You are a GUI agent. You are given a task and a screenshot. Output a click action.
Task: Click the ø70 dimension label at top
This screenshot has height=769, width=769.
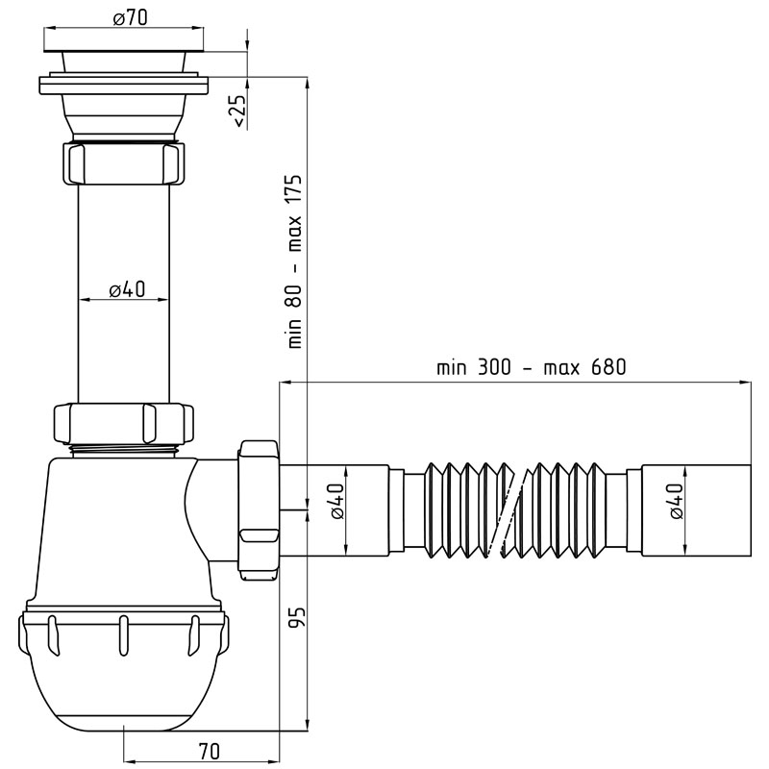pyautogui.click(x=130, y=18)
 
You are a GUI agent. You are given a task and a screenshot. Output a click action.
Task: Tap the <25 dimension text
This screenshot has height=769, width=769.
pyautogui.click(x=238, y=112)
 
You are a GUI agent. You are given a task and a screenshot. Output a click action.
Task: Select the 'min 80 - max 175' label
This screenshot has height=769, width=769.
pyautogui.click(x=295, y=261)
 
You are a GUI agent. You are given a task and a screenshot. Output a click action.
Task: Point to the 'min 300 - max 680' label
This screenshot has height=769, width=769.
pyautogui.click(x=532, y=367)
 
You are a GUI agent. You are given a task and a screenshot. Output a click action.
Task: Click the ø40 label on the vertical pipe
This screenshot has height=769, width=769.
pyautogui.click(x=127, y=289)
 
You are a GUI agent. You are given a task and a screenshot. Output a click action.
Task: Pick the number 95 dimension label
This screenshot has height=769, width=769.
pyautogui.click(x=297, y=616)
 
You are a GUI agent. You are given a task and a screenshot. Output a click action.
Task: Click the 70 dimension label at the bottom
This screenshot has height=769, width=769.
pyautogui.click(x=210, y=752)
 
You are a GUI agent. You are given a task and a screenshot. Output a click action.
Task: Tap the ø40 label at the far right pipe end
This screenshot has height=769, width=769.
pyautogui.click(x=676, y=501)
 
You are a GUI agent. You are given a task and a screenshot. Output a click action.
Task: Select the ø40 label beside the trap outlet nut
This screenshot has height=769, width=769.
pyautogui.click(x=337, y=501)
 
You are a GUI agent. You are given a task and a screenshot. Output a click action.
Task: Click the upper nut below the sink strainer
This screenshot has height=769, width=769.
pyautogui.click(x=124, y=162)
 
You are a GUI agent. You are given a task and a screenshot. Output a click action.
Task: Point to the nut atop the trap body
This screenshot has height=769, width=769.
pyautogui.click(x=123, y=423)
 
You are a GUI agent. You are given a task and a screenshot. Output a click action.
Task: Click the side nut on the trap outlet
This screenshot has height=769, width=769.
pyautogui.click(x=259, y=510)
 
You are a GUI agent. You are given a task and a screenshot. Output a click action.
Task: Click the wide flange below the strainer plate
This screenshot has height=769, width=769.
pyautogui.click(x=124, y=85)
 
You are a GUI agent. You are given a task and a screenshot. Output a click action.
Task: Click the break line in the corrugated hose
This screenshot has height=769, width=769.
pyautogui.click(x=514, y=511)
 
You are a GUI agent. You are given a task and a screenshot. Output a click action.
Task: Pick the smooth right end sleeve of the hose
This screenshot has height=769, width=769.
pyautogui.click(x=696, y=510)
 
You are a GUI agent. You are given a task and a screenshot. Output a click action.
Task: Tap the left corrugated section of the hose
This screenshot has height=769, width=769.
pyautogui.click(x=467, y=510)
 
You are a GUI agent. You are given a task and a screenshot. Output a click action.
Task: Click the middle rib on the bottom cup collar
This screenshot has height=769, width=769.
pyautogui.click(x=124, y=635)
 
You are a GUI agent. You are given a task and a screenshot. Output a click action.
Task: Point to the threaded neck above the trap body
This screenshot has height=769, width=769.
pyautogui.click(x=123, y=451)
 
